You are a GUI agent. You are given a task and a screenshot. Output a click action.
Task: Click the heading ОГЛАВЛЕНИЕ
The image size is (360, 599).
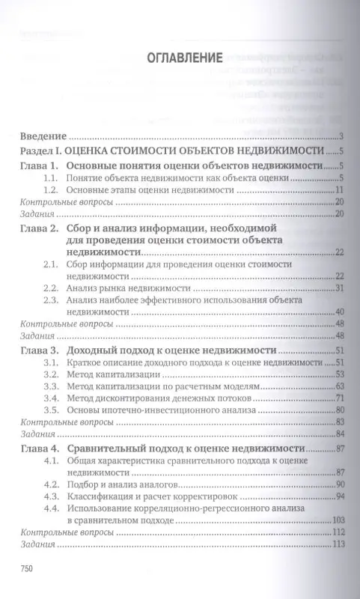coord(179,58)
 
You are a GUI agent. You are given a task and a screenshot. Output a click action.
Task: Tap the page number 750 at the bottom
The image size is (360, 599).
coord(27,568)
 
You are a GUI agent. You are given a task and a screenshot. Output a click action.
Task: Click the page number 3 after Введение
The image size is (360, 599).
coord(341,136)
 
